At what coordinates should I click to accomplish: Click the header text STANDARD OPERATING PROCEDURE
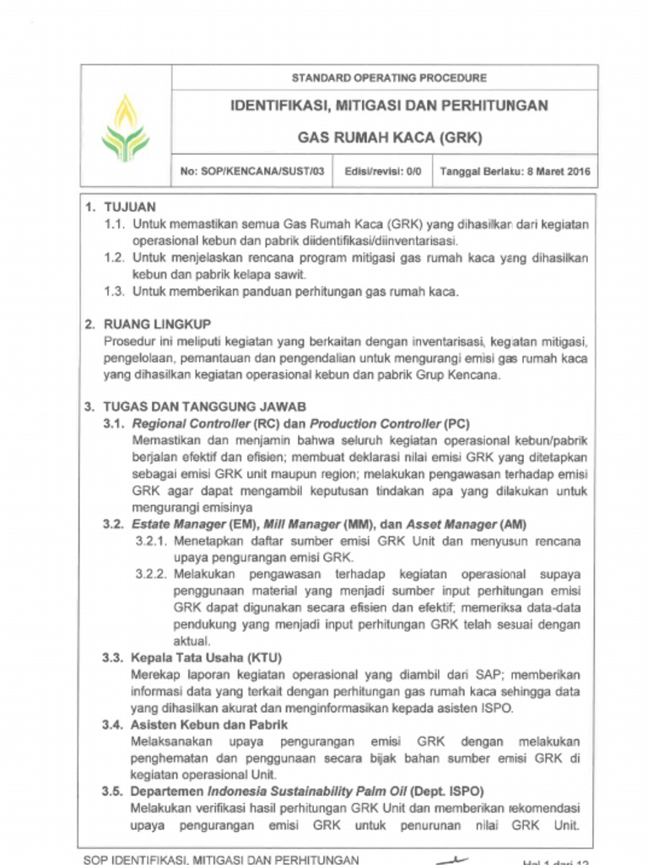(x=389, y=78)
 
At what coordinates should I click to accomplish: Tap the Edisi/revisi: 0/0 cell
(x=384, y=171)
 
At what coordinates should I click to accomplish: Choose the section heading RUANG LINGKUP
(x=157, y=324)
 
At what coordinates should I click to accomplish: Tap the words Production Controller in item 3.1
(x=375, y=423)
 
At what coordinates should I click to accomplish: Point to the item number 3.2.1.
(x=152, y=541)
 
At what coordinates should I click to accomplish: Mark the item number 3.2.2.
(x=152, y=574)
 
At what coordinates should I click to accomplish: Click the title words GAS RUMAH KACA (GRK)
(x=389, y=137)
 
